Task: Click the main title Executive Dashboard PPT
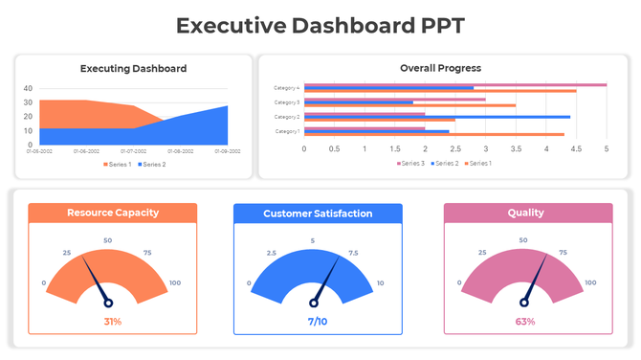[x=320, y=26]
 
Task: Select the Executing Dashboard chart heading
[x=133, y=68]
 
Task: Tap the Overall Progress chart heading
[x=440, y=68]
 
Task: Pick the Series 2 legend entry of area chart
[x=152, y=164]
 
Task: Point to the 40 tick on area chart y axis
[x=28, y=89]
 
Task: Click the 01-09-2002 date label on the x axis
[x=227, y=151]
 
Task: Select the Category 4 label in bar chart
[x=286, y=88]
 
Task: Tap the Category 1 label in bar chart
[x=286, y=131]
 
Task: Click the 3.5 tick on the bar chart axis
[x=516, y=149]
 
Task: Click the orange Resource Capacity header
[x=112, y=213]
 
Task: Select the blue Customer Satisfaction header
[x=318, y=214]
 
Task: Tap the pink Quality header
[x=525, y=214]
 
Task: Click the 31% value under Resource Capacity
[x=112, y=322]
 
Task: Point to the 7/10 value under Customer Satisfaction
[x=318, y=322]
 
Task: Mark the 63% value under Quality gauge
[x=525, y=322]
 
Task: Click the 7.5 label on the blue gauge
[x=354, y=254]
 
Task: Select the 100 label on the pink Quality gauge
[x=589, y=282]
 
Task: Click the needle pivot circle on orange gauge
[x=108, y=303]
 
